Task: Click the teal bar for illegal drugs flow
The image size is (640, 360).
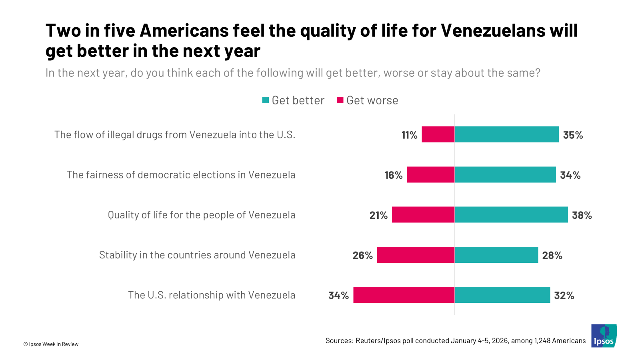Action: click(506, 134)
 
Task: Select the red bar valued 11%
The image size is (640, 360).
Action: click(438, 134)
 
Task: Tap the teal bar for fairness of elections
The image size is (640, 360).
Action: click(505, 175)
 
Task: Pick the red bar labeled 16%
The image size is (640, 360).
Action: click(431, 175)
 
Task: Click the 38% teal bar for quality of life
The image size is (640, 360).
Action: click(511, 215)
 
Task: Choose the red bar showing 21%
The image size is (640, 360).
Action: click(423, 215)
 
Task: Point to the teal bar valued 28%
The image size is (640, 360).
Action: click(496, 255)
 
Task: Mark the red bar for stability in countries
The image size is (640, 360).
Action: click(416, 255)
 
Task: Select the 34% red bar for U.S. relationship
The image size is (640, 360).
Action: click(404, 295)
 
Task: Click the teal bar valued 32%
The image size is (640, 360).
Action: click(502, 295)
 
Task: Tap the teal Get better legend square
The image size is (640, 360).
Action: click(266, 100)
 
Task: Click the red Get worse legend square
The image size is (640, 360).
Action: click(340, 100)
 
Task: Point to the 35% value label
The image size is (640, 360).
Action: click(573, 135)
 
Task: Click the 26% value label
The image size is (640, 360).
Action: click(362, 255)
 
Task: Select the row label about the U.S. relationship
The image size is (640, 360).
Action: click(212, 295)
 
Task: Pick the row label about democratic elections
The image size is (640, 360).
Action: click(181, 175)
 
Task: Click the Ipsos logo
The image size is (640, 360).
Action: click(604, 336)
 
